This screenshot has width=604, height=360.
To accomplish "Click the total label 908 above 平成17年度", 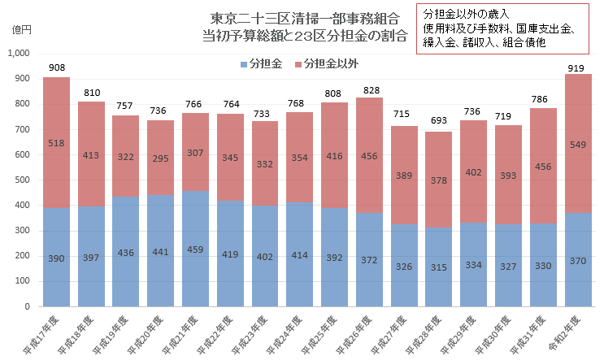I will coord(56,67).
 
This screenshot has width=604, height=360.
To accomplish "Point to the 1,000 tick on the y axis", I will coord(18,54).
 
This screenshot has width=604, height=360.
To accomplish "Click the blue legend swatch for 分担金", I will coord(244,64).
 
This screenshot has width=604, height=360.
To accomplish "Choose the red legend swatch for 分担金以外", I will coord(298,64).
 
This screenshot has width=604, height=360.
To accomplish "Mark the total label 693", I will coord(438,121).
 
